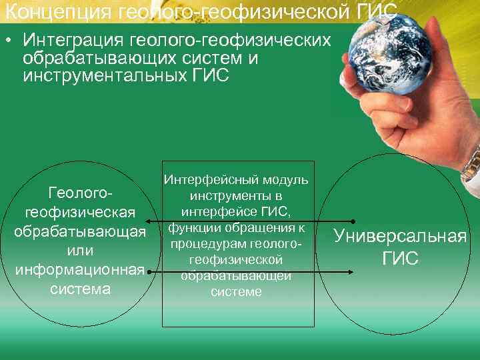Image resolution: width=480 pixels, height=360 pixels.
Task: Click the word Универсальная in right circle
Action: pos(400,237)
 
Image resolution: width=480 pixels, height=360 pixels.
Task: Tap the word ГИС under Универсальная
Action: pos(400,258)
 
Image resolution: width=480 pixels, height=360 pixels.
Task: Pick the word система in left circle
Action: pos(79,289)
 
